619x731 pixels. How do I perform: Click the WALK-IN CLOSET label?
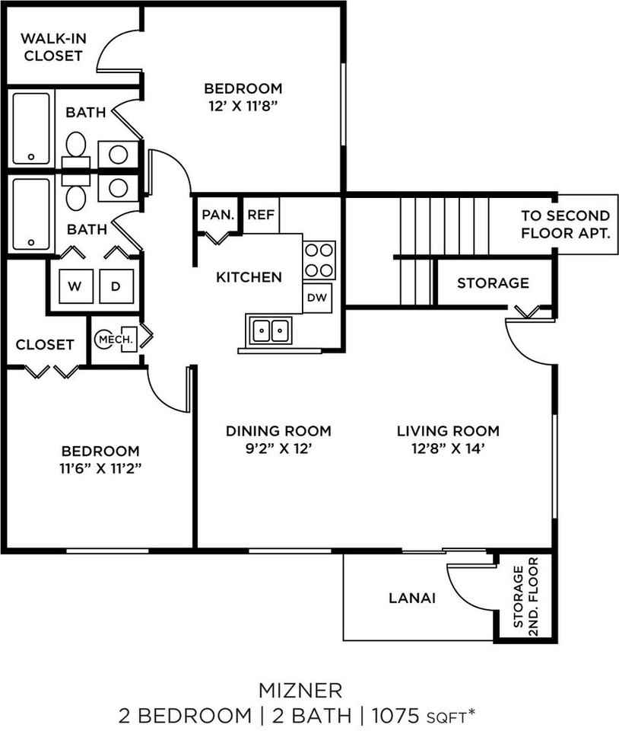(x=51, y=46)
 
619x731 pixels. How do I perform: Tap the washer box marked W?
(x=75, y=286)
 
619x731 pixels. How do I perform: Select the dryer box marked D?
(x=116, y=286)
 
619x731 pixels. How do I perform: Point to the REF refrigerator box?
(x=261, y=215)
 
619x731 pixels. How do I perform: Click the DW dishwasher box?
(x=317, y=298)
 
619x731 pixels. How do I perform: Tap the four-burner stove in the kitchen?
(x=319, y=260)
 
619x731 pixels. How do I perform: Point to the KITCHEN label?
(x=249, y=277)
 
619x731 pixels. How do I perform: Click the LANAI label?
(x=411, y=599)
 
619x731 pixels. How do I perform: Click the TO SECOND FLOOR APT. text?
(x=565, y=225)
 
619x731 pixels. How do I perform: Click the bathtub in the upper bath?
(x=31, y=128)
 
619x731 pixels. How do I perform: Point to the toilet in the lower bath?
(x=75, y=196)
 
